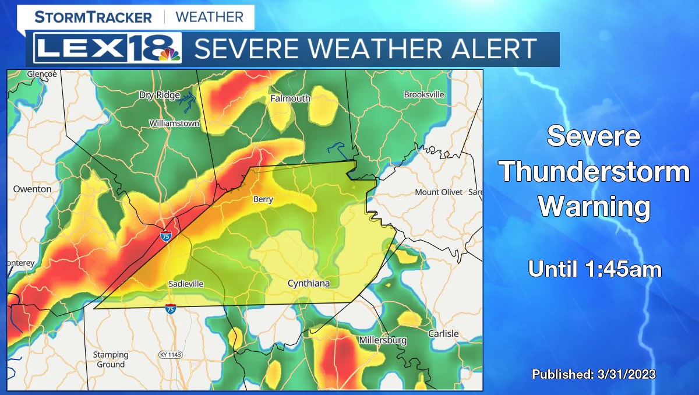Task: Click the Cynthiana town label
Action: (x=309, y=284)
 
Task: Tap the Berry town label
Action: (x=263, y=199)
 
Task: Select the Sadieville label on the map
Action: (x=186, y=284)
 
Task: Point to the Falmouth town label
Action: (x=290, y=98)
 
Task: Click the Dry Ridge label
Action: (x=158, y=95)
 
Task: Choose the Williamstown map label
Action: (x=174, y=124)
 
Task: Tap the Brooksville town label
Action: (x=424, y=94)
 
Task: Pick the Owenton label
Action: (x=32, y=189)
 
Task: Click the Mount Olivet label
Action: (x=439, y=192)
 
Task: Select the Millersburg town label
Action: (x=383, y=340)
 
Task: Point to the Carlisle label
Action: (x=443, y=334)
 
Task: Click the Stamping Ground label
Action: (x=110, y=359)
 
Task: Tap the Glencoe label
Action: (x=42, y=74)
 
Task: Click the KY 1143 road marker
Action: (x=171, y=355)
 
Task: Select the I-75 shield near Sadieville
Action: (x=171, y=309)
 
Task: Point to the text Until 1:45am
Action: (x=594, y=269)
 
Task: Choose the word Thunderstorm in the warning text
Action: (x=594, y=173)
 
